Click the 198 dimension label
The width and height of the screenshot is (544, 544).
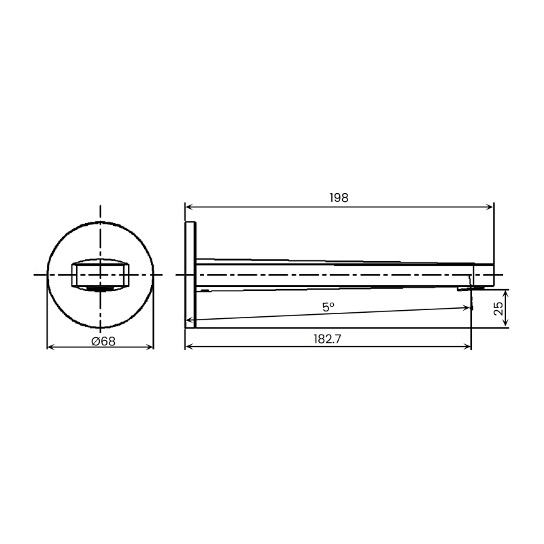coord(339,198)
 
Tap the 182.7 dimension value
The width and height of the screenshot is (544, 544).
coord(328,339)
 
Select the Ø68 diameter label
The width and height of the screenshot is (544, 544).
coord(103,341)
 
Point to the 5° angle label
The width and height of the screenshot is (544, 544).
coord(328,307)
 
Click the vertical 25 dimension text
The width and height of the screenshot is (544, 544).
coord(498,309)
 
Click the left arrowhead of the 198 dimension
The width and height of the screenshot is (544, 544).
coord(189,207)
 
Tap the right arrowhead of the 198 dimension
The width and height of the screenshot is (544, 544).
coord(490,207)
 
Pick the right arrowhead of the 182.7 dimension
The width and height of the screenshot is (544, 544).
coord(467,347)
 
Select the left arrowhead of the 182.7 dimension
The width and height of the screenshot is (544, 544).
coord(189,347)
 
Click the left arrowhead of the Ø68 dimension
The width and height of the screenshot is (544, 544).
coord(50,347)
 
